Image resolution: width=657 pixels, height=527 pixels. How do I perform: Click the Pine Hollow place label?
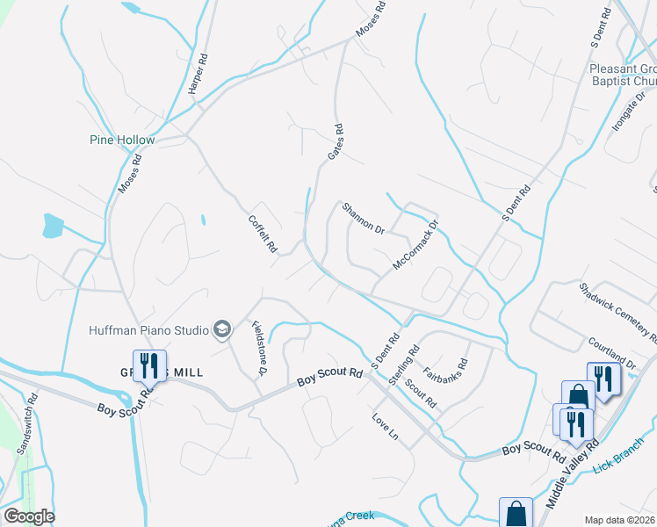click(122, 140)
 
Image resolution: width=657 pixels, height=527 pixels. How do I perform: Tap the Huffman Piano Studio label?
click(148, 330)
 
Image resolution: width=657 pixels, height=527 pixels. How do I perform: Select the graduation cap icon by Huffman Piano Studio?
click(223, 329)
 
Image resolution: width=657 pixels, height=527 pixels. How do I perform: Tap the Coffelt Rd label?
click(263, 235)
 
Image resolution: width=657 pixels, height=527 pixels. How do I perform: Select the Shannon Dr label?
click(364, 218)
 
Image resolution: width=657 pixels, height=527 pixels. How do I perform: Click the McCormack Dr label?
click(415, 244)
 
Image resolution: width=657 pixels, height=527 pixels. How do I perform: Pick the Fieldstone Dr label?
click(259, 348)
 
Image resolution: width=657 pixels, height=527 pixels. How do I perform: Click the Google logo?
click(29, 516)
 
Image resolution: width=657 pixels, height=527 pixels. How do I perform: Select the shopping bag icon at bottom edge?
click(516, 514)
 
